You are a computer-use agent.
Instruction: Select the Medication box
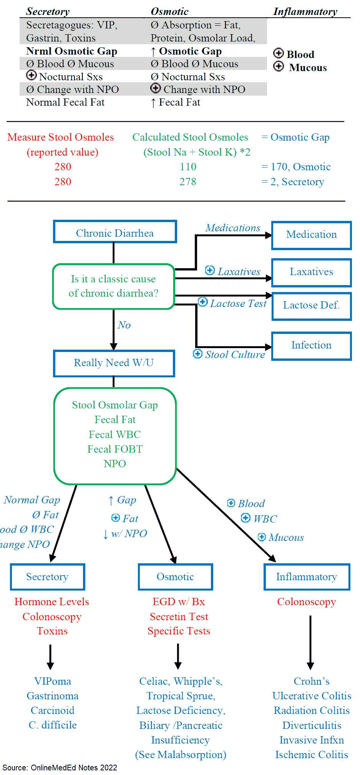click(311, 235)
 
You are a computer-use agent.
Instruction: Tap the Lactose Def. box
click(311, 305)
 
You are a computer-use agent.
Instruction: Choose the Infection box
click(311, 345)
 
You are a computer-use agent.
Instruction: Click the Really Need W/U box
click(114, 363)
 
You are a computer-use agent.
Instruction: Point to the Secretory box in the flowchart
click(47, 577)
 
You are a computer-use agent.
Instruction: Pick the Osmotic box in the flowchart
click(175, 577)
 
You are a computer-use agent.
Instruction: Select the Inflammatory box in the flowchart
click(307, 577)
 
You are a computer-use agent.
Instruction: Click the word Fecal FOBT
click(115, 449)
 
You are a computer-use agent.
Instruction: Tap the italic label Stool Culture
click(235, 355)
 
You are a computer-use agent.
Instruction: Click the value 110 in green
click(188, 167)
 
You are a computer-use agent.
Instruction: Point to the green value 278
click(188, 182)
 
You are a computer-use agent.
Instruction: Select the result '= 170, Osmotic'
click(296, 167)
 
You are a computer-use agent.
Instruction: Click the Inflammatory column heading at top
click(305, 12)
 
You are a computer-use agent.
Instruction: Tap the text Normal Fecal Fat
click(65, 103)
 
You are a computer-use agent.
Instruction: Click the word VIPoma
click(53, 681)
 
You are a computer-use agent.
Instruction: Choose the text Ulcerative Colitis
click(312, 696)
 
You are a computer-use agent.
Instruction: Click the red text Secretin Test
click(179, 617)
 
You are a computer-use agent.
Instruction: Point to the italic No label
click(124, 325)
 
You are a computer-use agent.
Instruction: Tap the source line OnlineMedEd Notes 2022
click(60, 768)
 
